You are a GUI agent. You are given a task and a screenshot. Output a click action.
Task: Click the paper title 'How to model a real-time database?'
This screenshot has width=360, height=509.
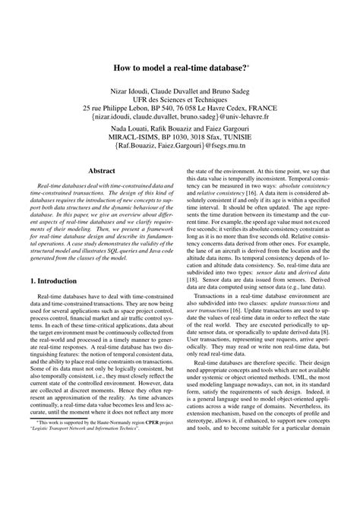pos(179,68)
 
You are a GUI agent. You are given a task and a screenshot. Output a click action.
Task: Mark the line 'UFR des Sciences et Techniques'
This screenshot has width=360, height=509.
pos(179,99)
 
